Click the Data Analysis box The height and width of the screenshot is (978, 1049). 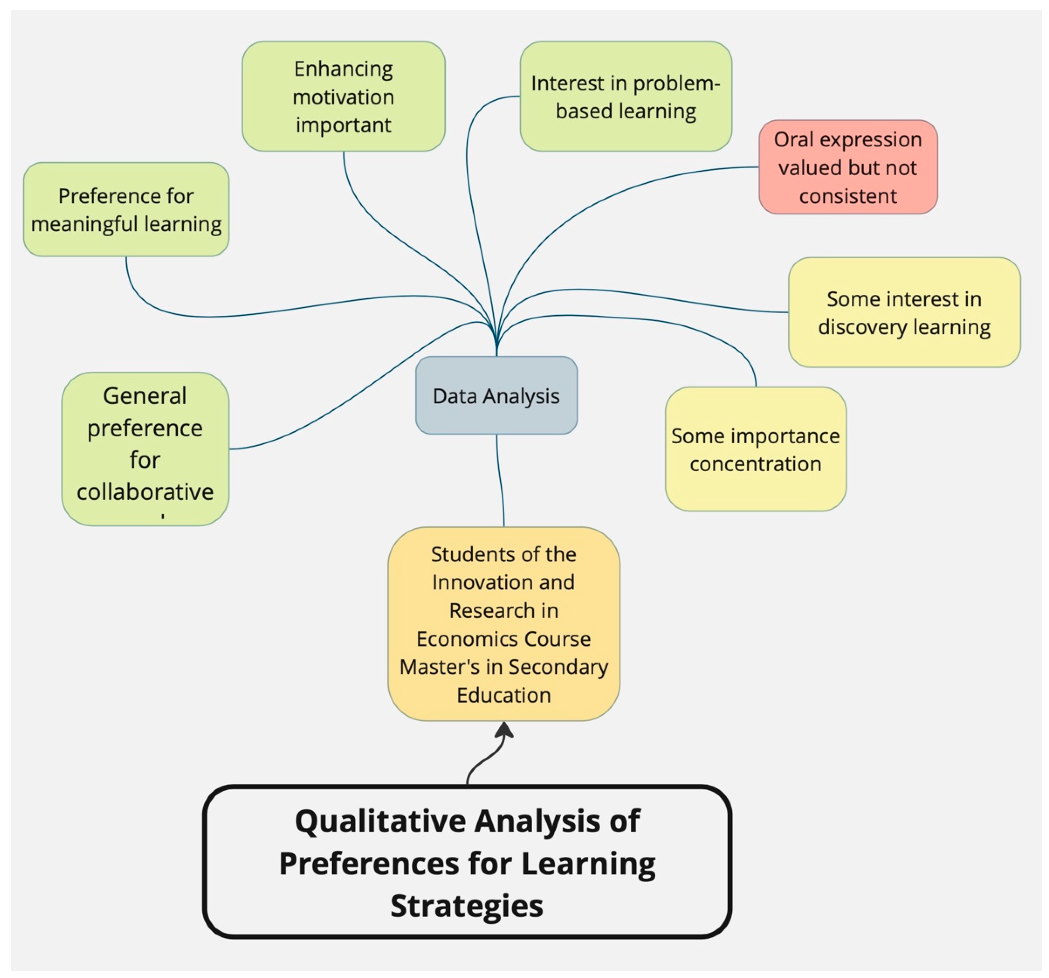(496, 395)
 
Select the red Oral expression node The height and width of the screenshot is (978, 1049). (848, 167)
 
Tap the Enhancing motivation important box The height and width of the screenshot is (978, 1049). (344, 96)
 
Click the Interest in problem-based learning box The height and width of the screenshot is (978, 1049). (626, 96)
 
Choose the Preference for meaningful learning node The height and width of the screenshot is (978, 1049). (126, 210)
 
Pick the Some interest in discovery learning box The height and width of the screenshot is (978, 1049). (904, 312)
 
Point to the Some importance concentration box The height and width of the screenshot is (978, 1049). (756, 449)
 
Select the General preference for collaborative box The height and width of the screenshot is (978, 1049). (145, 448)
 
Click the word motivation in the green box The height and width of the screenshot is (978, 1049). (344, 97)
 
